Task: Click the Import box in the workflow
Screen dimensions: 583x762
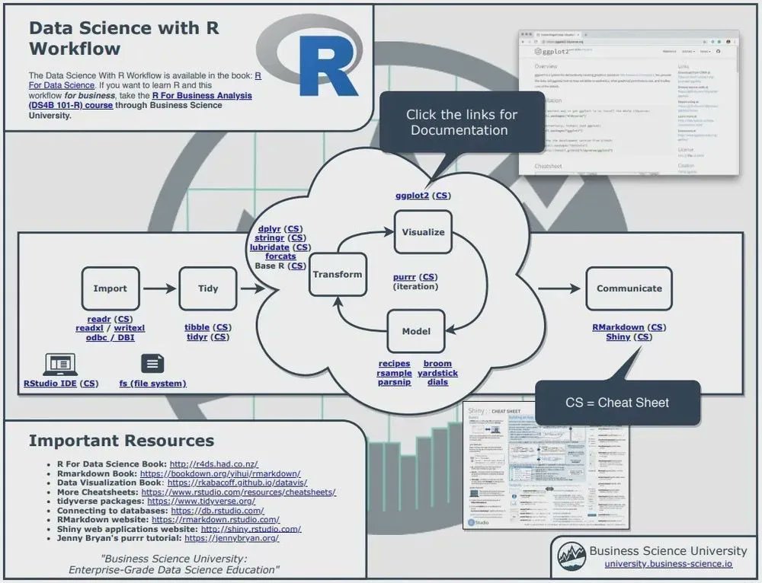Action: click(x=110, y=288)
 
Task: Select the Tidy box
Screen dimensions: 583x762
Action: click(x=207, y=288)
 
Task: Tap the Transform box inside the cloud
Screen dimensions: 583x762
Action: click(x=338, y=275)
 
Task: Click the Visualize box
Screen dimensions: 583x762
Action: click(x=423, y=232)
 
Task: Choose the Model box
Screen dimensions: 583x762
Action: click(x=416, y=331)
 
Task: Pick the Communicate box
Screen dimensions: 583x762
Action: click(x=629, y=288)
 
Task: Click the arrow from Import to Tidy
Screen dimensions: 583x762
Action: click(x=158, y=288)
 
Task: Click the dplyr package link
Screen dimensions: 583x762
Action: click(x=270, y=228)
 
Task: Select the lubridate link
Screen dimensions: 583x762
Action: click(x=269, y=247)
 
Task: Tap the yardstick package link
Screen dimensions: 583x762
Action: click(x=437, y=373)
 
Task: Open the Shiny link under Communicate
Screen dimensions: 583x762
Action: click(x=618, y=336)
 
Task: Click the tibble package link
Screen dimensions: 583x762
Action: click(x=197, y=327)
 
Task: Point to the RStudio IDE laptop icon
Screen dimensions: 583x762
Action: click(x=60, y=364)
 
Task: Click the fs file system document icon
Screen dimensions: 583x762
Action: click(x=152, y=364)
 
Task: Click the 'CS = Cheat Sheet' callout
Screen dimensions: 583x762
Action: click(x=617, y=403)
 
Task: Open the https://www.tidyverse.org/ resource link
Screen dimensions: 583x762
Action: click(x=201, y=501)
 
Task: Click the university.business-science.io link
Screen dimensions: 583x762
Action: click(x=668, y=564)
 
